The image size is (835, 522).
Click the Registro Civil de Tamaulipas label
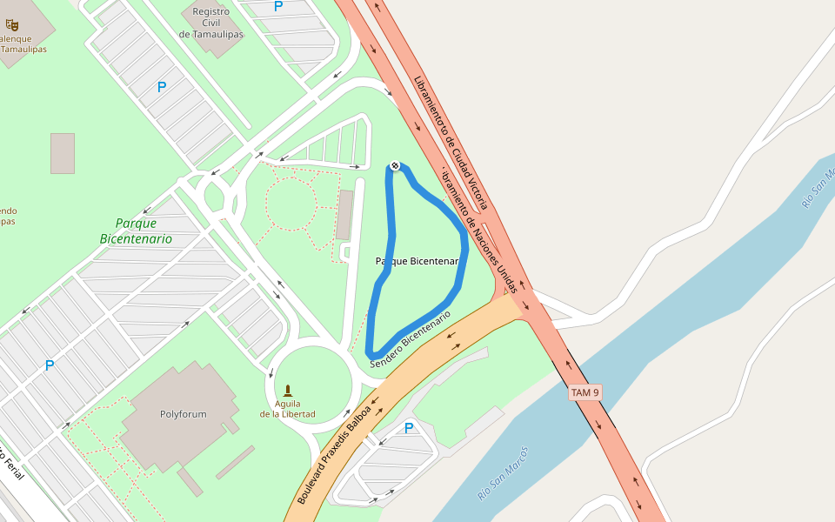click(x=210, y=23)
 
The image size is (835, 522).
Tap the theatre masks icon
click(x=12, y=24)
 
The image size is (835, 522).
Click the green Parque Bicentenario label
click(x=136, y=231)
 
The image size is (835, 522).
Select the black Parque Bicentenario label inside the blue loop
click(x=417, y=261)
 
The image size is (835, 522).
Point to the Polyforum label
click(x=183, y=414)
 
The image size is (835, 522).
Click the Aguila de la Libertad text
click(x=287, y=409)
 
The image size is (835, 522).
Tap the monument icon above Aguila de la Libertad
click(x=288, y=390)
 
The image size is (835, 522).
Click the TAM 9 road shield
click(x=585, y=392)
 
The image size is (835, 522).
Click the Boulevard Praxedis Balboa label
click(x=334, y=453)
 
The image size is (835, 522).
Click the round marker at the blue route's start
click(x=395, y=165)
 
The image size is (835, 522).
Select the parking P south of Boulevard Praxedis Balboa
click(x=408, y=428)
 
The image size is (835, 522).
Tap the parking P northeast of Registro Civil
click(x=278, y=6)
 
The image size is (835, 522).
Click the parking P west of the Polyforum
click(x=50, y=365)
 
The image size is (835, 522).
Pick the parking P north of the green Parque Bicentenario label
click(x=161, y=87)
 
